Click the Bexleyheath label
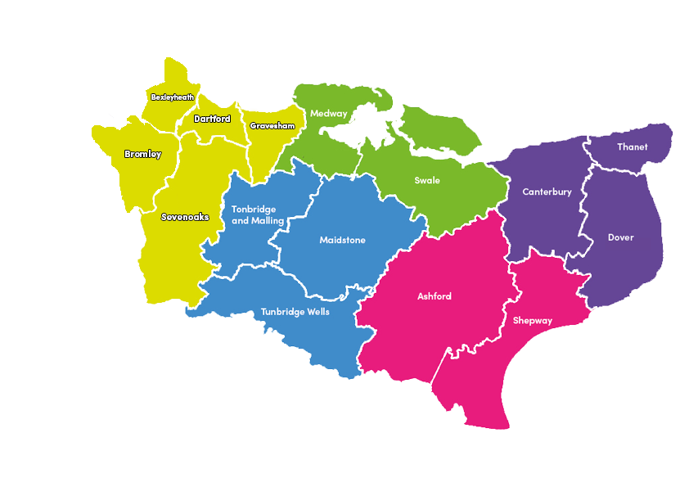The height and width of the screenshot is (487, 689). tap(173, 97)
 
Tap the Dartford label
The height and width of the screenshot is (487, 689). tap(212, 119)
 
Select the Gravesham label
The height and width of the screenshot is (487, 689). tap(272, 126)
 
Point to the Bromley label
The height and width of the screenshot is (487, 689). tap(142, 154)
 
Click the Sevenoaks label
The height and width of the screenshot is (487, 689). tap(185, 217)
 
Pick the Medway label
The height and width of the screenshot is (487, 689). tap(328, 114)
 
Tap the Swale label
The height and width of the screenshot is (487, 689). tap(426, 181)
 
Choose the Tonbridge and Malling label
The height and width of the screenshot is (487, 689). tap(258, 214)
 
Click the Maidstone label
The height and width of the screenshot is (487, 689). tap(342, 241)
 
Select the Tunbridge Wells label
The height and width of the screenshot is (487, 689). tap(295, 312)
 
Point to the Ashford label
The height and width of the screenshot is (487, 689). tap(434, 296)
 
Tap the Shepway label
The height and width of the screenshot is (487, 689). tap(532, 321)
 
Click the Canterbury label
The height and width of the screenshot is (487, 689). tap(547, 192)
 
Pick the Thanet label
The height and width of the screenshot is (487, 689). tap(632, 147)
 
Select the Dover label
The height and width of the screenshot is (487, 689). tap(620, 237)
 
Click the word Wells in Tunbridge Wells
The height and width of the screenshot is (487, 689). tap(315, 312)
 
